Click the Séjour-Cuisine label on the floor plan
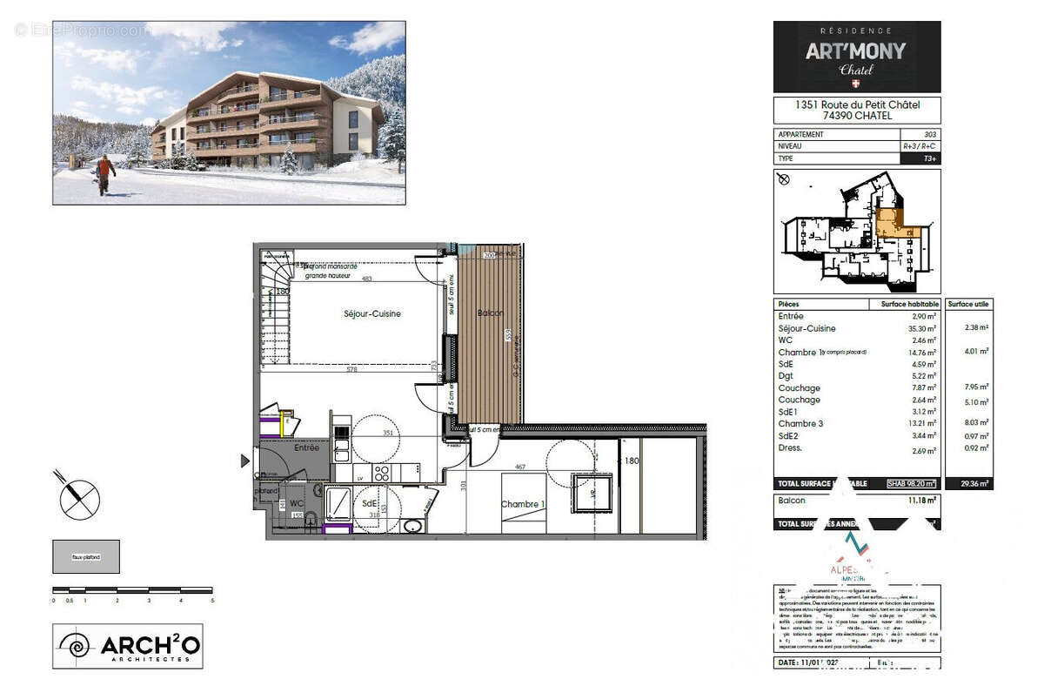tap(371, 313)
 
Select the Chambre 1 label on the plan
tap(523, 504)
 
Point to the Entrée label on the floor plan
tap(306, 447)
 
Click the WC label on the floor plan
tap(297, 503)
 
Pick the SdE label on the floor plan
tap(369, 503)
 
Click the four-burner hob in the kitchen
tap(382, 473)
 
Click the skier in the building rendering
tap(105, 174)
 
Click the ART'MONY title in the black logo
tap(855, 50)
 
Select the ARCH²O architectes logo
tap(128, 646)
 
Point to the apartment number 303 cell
tap(929, 135)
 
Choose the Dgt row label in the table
tap(786, 376)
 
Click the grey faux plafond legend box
tap(86, 556)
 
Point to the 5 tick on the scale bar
tap(212, 600)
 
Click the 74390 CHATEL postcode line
tap(857, 116)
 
